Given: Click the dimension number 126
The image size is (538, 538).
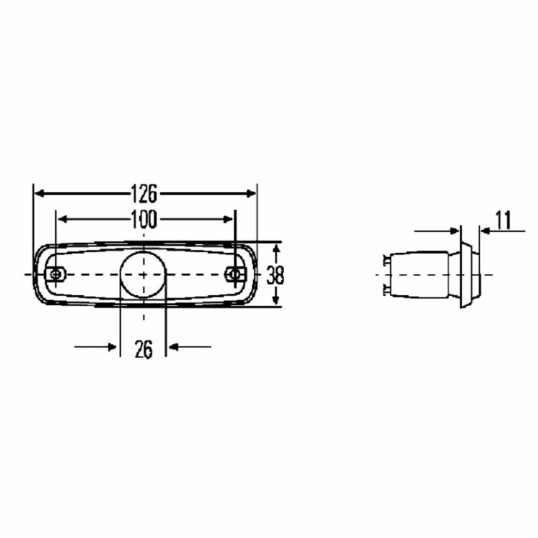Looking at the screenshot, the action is click(144, 194).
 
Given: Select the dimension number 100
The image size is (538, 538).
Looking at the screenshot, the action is click(144, 219).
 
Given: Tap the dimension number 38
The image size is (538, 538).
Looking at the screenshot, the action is click(275, 275).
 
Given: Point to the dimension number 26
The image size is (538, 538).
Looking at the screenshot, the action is click(143, 349).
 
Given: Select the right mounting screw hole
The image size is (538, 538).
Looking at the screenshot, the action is click(234, 274).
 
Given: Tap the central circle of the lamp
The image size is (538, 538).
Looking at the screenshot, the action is click(143, 274).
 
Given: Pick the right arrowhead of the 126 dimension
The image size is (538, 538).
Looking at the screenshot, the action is click(252, 194).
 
